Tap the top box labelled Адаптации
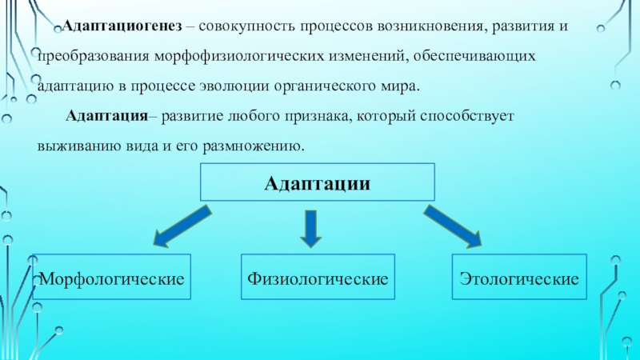tap(318, 183)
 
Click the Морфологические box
tap(114, 278)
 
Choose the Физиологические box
tap(318, 278)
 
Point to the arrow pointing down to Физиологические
tap(312, 227)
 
